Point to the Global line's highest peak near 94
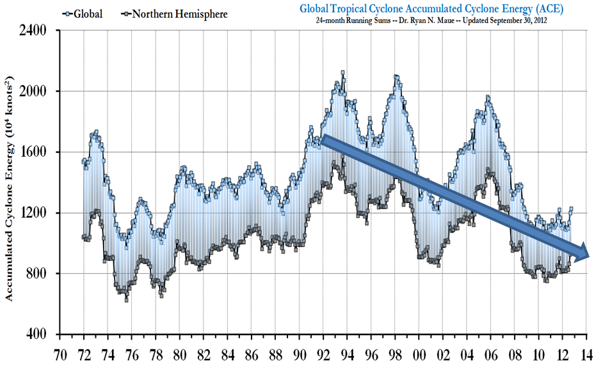(x=342, y=73)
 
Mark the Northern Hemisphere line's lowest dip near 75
(x=126, y=299)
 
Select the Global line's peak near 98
(x=396, y=77)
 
